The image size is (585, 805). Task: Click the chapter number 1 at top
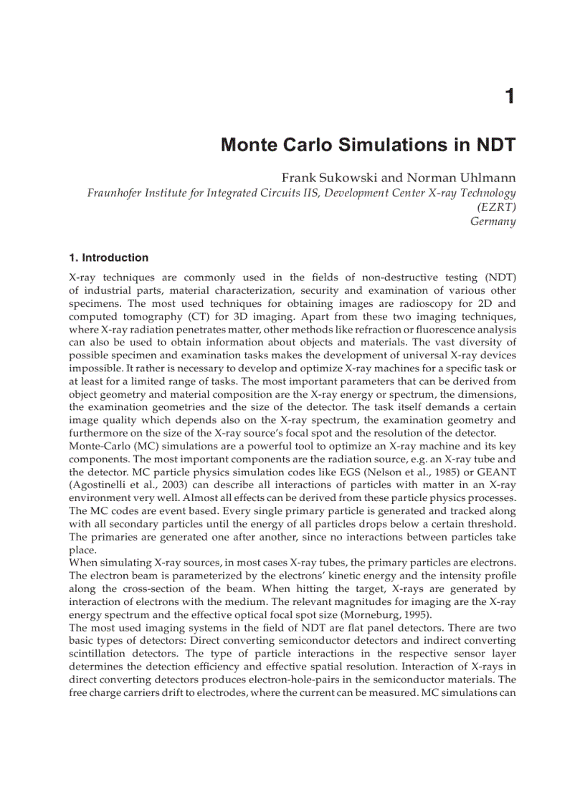click(510, 96)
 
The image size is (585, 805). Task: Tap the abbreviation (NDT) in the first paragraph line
click(500, 277)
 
